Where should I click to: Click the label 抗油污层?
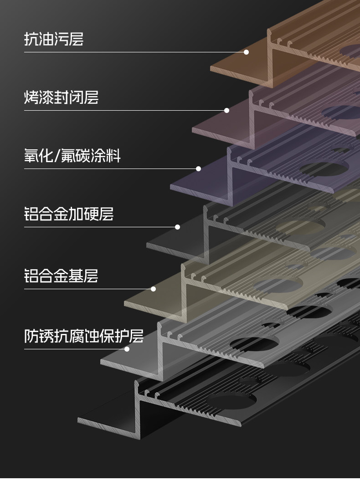54,39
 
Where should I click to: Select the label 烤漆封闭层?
61,97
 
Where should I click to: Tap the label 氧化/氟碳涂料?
72,156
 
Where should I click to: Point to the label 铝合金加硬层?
69,214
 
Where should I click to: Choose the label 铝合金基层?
61,276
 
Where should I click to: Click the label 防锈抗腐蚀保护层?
84,336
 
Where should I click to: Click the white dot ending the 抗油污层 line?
246,52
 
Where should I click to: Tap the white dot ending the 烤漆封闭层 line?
226,110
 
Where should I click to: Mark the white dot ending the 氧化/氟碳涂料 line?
198,169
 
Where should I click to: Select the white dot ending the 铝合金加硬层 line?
177,227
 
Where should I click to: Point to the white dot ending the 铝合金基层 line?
153,289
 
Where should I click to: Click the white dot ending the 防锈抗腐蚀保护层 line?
127,349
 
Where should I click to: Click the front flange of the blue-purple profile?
201,187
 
